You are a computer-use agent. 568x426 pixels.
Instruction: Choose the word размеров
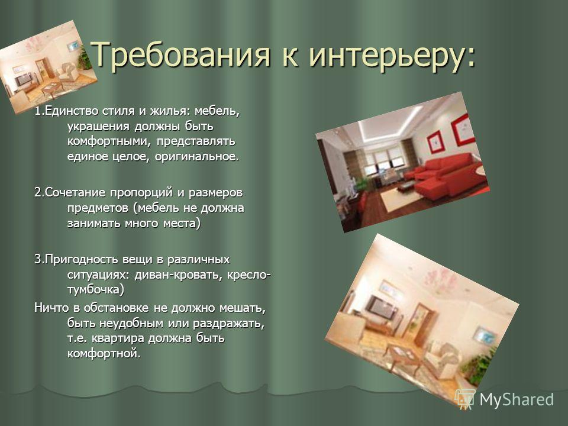215,193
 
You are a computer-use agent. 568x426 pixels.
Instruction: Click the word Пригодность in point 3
81,260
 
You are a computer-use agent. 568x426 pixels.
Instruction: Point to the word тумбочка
93,290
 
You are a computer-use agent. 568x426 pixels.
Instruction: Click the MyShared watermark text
517,399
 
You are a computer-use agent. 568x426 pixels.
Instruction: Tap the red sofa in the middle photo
448,173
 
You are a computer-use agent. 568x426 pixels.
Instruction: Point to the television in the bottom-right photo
382,308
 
